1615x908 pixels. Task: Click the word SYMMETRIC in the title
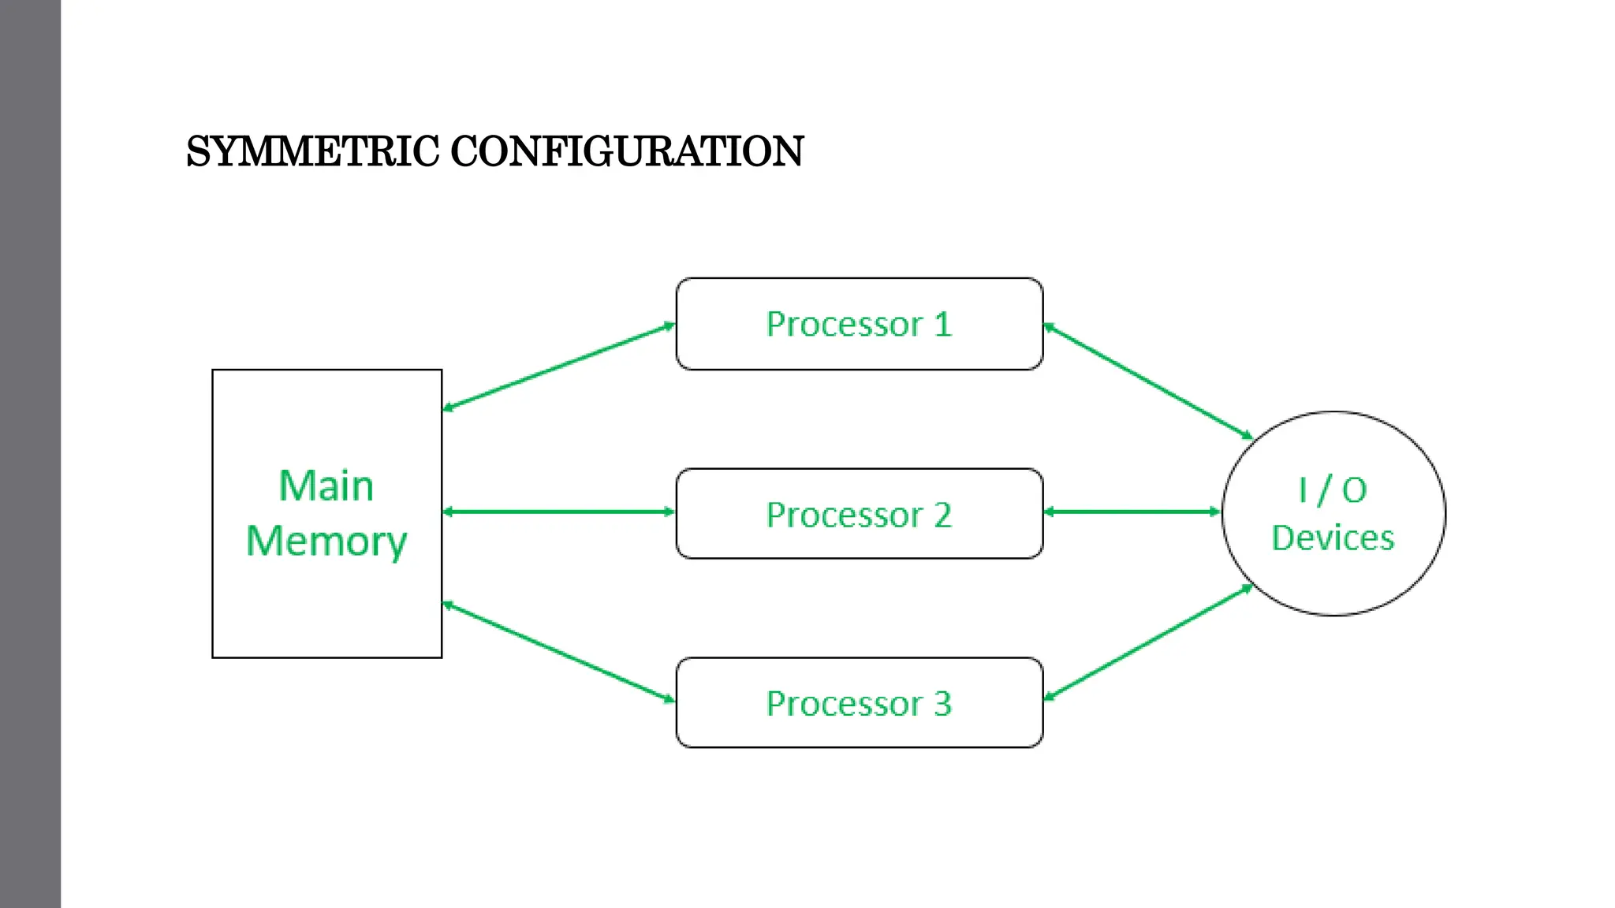point(312,151)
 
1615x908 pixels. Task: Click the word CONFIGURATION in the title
point(627,151)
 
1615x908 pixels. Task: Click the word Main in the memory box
point(326,486)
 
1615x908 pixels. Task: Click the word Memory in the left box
point(326,541)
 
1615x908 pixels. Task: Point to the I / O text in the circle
point(1332,490)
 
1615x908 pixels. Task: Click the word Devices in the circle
point(1332,538)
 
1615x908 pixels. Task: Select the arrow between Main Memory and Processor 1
point(558,367)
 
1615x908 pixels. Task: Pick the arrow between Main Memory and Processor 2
point(558,512)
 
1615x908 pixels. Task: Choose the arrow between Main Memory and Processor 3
point(558,652)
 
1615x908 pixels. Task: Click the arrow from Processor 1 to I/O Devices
point(1147,381)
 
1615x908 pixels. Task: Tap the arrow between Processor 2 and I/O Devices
point(1132,512)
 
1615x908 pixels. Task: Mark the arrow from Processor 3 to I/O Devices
point(1147,642)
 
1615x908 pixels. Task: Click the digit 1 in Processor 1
point(943,325)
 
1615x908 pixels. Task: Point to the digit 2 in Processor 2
point(943,515)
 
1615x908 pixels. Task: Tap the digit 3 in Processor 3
point(943,704)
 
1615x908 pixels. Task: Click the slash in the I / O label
point(1325,490)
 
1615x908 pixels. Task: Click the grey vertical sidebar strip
point(30,454)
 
